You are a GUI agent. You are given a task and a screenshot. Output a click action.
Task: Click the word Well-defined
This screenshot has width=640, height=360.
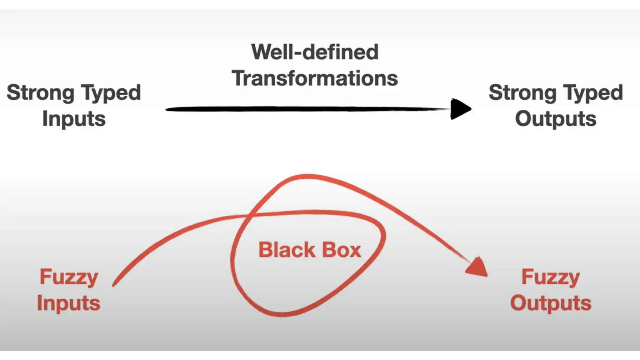[x=315, y=52]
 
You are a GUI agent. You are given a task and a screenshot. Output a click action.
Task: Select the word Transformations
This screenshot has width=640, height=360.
[x=315, y=78]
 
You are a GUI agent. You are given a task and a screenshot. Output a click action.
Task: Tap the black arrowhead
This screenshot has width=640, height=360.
[x=460, y=109]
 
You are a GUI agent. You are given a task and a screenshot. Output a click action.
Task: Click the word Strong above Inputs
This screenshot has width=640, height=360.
[x=40, y=93]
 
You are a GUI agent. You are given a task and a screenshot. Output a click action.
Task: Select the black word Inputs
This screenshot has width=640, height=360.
[x=74, y=119]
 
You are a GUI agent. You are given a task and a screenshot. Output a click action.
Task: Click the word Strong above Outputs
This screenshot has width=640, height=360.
[x=522, y=93]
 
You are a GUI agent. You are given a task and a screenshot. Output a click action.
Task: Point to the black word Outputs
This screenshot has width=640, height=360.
[x=556, y=119]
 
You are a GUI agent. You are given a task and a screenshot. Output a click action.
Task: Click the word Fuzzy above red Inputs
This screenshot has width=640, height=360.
[x=69, y=277]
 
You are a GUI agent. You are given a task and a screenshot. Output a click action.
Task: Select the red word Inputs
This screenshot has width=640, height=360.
[x=69, y=303]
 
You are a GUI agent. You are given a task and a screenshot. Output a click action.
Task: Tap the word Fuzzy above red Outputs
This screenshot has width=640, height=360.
[x=551, y=277]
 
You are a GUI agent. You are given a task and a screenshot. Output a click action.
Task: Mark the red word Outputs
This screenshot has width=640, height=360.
[x=551, y=303]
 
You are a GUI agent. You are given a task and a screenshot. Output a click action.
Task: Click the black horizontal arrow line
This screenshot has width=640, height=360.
[x=306, y=109]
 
